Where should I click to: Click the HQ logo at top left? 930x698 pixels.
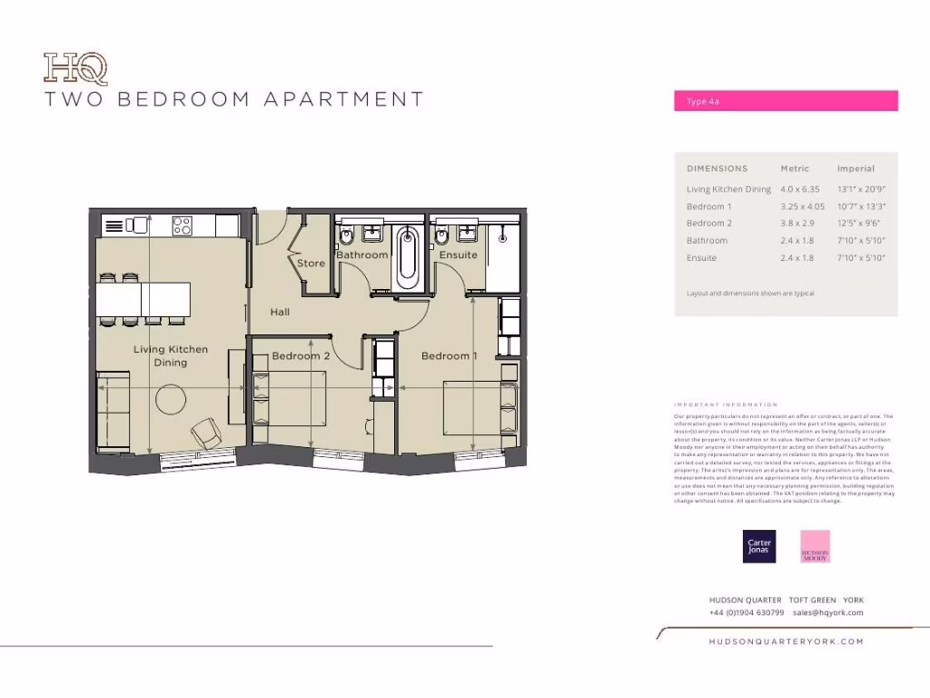(x=76, y=69)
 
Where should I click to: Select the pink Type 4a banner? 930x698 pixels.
(x=786, y=101)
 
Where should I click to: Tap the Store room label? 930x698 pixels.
(x=311, y=264)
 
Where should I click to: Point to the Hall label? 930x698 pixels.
(x=280, y=312)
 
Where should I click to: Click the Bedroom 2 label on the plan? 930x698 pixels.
(x=301, y=356)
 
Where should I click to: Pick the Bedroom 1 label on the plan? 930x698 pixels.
(x=449, y=356)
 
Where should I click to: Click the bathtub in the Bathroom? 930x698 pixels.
(x=408, y=256)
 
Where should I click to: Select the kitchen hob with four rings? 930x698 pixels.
(x=182, y=224)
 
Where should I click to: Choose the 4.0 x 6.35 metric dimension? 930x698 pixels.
(x=799, y=189)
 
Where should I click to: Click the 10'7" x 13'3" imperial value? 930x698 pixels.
(x=860, y=206)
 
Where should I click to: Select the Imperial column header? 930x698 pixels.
(x=856, y=168)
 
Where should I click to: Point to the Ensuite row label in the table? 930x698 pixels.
(x=701, y=258)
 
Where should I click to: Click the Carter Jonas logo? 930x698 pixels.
(x=759, y=545)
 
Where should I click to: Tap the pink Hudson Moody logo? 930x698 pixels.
(x=815, y=546)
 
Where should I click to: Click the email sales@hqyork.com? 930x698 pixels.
(x=827, y=613)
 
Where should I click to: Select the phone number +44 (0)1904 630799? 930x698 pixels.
(x=747, y=613)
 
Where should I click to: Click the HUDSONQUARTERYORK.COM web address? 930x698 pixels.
(x=786, y=641)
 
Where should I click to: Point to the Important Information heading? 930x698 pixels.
(x=726, y=404)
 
